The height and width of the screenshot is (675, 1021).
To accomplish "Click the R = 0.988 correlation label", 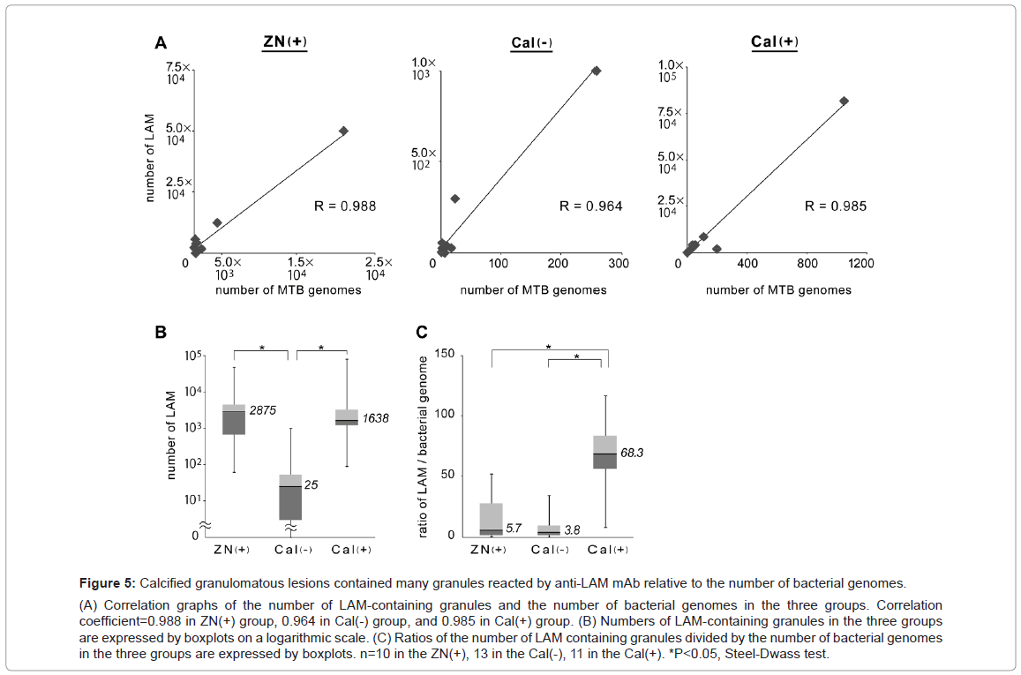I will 345,206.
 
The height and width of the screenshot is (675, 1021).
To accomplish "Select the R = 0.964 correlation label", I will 590,206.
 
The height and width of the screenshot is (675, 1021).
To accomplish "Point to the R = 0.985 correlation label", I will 835,206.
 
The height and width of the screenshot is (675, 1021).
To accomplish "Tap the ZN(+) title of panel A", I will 285,42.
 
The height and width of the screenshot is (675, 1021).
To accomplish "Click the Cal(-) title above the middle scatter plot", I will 531,42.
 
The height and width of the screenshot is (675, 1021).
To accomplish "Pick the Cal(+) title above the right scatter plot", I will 775,42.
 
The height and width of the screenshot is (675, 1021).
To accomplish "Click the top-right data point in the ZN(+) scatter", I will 344,131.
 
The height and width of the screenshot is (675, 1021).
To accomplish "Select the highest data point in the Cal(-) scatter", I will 596,71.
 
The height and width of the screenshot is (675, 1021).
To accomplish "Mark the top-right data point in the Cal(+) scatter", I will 844,101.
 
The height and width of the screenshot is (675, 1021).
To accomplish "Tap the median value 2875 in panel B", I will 264,411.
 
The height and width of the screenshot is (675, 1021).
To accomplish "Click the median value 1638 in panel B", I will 374,419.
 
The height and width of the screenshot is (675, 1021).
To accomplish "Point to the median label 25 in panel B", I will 311,485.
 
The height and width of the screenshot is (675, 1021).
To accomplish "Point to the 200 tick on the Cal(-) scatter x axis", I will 559,263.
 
